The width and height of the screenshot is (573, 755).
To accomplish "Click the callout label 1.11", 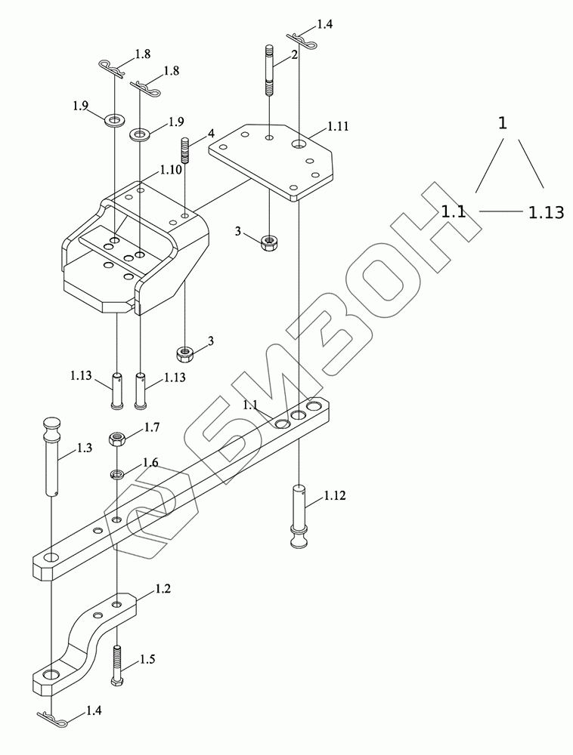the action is (x=338, y=126).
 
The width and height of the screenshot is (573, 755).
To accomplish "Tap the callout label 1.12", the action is (x=336, y=496).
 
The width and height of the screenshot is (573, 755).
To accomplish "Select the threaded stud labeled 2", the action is (x=269, y=70).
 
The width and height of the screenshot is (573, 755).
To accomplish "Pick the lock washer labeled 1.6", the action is (x=117, y=474).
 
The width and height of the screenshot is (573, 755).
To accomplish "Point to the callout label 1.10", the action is (x=170, y=170).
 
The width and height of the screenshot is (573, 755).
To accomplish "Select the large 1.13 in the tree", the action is (x=546, y=213).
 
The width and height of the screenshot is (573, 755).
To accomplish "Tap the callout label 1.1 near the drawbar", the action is (x=250, y=405).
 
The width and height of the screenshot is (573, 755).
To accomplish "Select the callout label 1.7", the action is (x=151, y=427).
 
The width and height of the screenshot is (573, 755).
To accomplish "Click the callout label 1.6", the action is (x=150, y=463).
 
